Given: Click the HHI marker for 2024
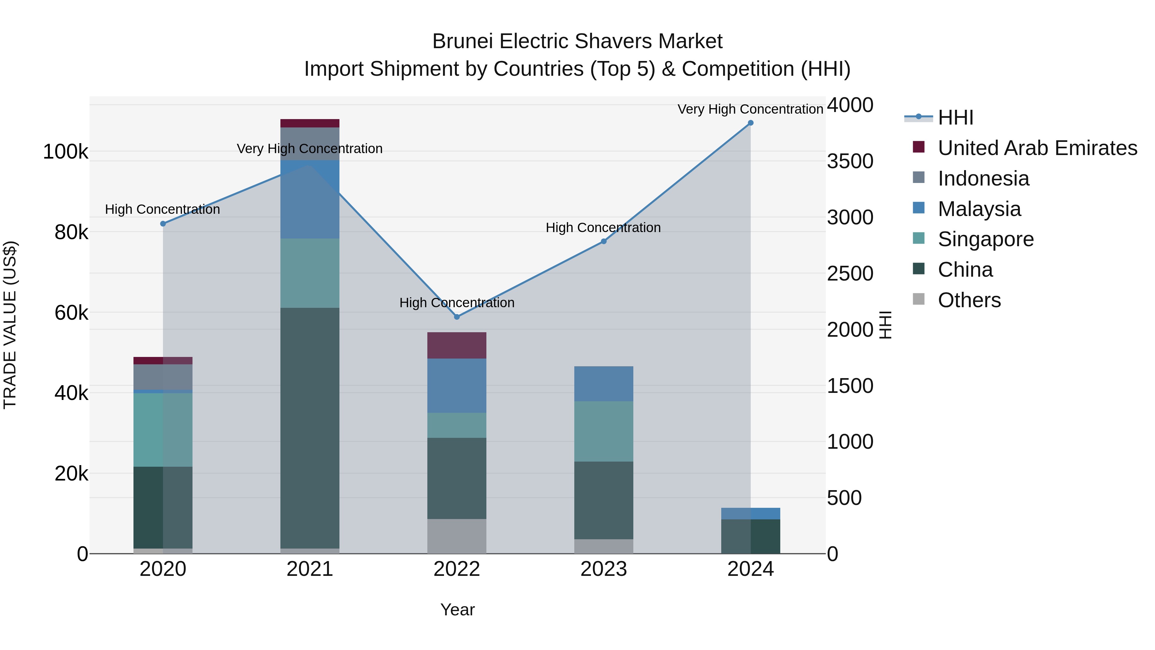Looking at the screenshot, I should [750, 123].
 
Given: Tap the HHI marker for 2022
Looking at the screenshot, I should [457, 317].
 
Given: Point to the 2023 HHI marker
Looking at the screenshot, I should [603, 241].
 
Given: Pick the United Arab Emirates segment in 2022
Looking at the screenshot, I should [457, 345].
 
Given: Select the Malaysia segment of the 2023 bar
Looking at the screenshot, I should [603, 384].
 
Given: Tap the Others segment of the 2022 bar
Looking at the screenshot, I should [457, 536].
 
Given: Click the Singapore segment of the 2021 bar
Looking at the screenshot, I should [310, 273].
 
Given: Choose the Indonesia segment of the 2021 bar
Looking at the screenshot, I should [310, 143].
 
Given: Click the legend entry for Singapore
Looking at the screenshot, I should [986, 239].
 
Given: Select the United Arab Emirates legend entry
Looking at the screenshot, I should [1037, 148].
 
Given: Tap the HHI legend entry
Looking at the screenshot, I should [955, 117].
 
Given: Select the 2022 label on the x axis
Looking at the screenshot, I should [457, 569].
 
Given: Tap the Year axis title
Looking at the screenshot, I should [457, 610].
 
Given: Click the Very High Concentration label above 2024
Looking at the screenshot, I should [750, 109].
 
